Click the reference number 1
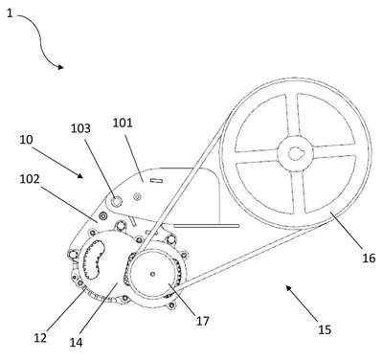[x=10, y=13]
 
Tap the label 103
[x=80, y=128]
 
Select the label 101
[x=123, y=124]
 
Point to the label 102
[x=30, y=179]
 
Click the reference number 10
[x=26, y=140]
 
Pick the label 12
[x=40, y=338]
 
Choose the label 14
[x=76, y=343]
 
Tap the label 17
[x=202, y=321]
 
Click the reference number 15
[x=325, y=329]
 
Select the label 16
[x=369, y=258]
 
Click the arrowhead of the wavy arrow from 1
[x=60, y=67]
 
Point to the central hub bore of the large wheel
[x=295, y=154]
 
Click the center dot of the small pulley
[x=153, y=274]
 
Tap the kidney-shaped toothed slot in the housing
[x=94, y=259]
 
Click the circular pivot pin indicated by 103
[x=116, y=201]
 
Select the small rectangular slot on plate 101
[x=156, y=181]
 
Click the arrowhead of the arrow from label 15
[x=288, y=288]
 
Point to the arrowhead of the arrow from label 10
[x=80, y=175]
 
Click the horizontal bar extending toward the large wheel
[x=207, y=226]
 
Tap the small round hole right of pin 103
[x=138, y=197]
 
